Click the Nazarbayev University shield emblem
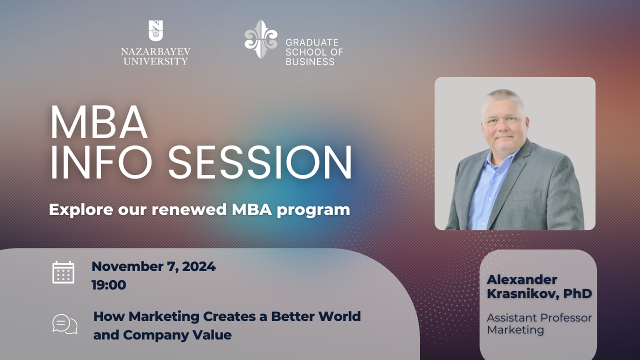pos(155,30)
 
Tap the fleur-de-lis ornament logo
pos(261,39)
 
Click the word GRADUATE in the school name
pos(312,42)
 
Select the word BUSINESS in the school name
pos(310,61)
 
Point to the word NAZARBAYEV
pos(155,51)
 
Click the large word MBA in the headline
pos(99,122)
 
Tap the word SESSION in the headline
pos(260,162)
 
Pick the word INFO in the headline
pos(101,162)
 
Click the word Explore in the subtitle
pos(81,209)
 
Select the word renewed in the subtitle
pos(189,209)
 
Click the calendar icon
pos(63,272)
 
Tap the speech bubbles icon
pos(65,324)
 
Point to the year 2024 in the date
pos(199,266)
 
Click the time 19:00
pos(109,285)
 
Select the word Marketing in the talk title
pos(164,316)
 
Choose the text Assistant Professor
pos(539,317)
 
